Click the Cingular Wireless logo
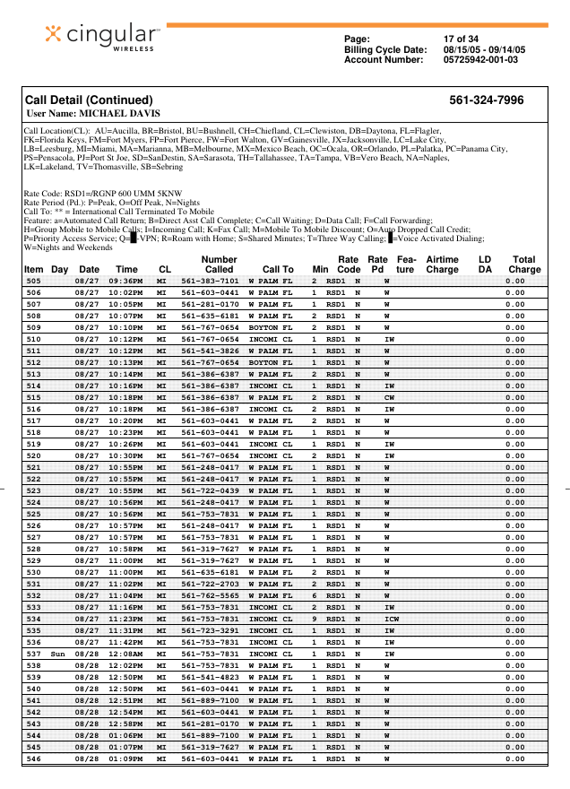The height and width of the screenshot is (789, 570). [x=103, y=38]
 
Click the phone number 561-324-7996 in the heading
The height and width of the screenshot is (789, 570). [x=486, y=100]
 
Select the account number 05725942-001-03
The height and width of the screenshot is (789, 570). [x=480, y=60]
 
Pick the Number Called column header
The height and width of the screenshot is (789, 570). [x=219, y=264]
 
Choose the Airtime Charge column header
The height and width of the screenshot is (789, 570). [x=442, y=264]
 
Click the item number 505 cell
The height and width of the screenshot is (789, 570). [x=33, y=282]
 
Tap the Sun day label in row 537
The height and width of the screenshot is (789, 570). [x=58, y=655]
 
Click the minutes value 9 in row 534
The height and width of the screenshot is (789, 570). [x=315, y=620]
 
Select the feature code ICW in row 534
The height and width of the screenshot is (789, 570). [x=391, y=620]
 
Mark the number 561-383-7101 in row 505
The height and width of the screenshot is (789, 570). [x=210, y=282]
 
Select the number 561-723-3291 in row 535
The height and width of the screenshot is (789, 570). [x=210, y=631]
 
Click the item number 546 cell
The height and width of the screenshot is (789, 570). [x=33, y=759]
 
